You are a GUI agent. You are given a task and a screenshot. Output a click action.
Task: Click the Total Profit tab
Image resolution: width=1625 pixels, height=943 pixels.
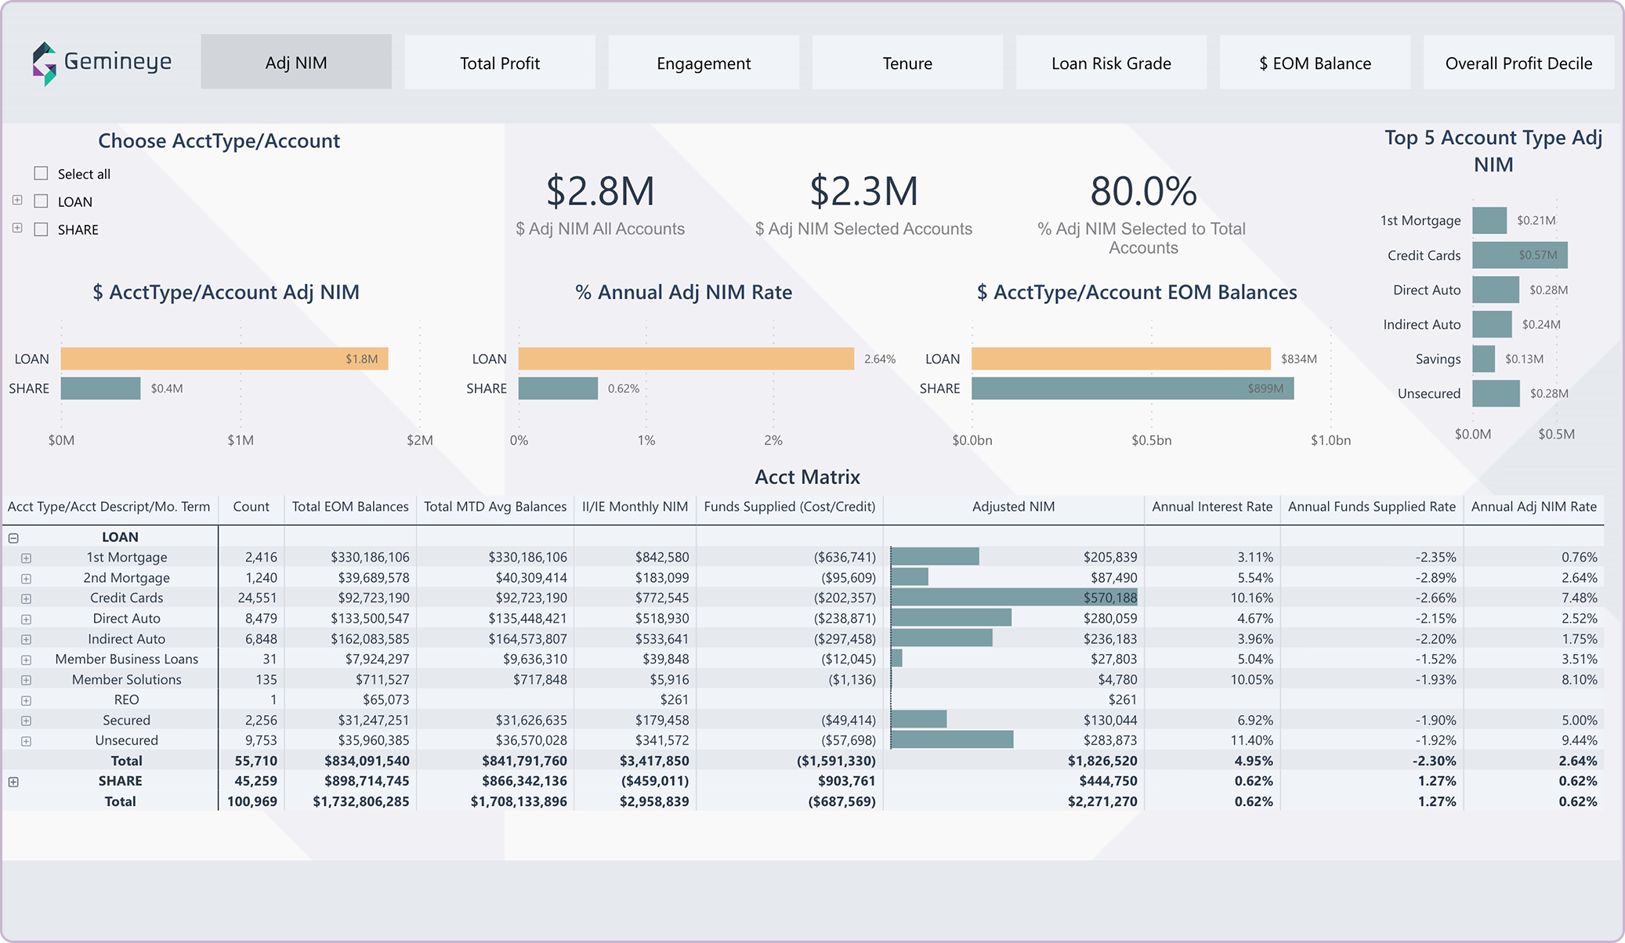pyautogui.click(x=499, y=63)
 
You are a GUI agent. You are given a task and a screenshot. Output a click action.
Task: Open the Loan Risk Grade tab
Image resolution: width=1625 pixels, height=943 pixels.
pyautogui.click(x=1110, y=63)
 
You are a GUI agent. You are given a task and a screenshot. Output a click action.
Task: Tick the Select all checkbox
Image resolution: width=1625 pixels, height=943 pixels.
pyautogui.click(x=42, y=173)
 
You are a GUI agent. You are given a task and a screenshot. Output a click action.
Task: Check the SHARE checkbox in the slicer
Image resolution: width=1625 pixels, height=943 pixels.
pyautogui.click(x=42, y=229)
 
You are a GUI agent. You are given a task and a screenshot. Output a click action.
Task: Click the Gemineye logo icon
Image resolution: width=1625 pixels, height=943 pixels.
pyautogui.click(x=45, y=63)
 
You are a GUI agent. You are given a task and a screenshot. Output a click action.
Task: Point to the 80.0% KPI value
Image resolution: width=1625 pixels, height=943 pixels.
pyautogui.click(x=1143, y=192)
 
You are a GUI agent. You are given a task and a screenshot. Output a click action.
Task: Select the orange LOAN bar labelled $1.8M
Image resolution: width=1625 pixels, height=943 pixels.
pyautogui.click(x=224, y=359)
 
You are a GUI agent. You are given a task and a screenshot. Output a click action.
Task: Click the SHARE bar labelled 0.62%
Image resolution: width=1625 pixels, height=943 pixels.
pyautogui.click(x=558, y=388)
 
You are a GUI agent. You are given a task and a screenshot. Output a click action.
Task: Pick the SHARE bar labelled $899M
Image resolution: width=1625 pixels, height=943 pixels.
pyautogui.click(x=1132, y=388)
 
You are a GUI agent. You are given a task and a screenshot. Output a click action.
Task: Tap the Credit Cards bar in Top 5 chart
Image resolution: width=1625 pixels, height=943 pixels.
pyautogui.click(x=1519, y=255)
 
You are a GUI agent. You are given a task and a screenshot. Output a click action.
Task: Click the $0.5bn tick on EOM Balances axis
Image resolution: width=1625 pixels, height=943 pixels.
pyautogui.click(x=1151, y=440)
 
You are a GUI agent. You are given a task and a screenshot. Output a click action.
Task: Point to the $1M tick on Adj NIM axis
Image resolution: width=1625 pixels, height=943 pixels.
pyautogui.click(x=241, y=440)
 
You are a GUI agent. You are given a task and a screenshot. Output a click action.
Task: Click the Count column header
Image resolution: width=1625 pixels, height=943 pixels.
pyautogui.click(x=251, y=507)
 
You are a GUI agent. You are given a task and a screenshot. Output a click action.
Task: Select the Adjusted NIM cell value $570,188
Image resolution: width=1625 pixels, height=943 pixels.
pyautogui.click(x=1109, y=598)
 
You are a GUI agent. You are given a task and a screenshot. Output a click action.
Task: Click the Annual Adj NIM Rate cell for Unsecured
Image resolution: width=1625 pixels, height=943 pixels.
pyautogui.click(x=1579, y=740)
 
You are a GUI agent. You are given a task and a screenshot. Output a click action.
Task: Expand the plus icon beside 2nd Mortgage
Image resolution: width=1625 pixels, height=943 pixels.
pyautogui.click(x=26, y=578)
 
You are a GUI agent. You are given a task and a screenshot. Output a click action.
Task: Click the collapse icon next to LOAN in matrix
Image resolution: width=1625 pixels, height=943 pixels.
pyautogui.click(x=13, y=537)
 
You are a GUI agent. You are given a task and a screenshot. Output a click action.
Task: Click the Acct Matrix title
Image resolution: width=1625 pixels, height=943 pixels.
pyautogui.click(x=807, y=477)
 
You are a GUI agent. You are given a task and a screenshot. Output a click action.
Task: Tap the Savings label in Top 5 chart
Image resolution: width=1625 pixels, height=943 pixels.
pyautogui.click(x=1438, y=359)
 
